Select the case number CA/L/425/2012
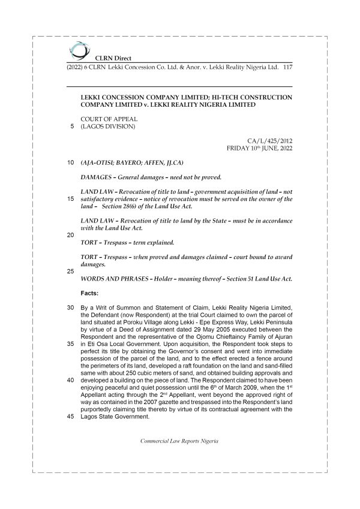pyautogui.click(x=272, y=140)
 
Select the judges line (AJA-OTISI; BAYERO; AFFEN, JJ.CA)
pyautogui.click(x=132, y=163)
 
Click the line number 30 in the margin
pyautogui.click(x=70, y=308)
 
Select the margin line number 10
pyautogui.click(x=70, y=163)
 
